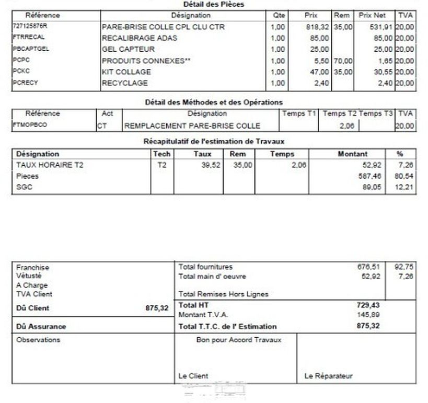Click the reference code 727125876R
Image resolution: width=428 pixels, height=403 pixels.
tap(29, 26)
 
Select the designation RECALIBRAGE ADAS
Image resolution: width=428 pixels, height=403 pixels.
tap(140, 38)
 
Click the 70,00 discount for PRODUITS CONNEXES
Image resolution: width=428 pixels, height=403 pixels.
tap(343, 61)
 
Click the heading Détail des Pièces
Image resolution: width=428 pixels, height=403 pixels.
tap(214, 4)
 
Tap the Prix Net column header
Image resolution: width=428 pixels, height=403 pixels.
tap(372, 15)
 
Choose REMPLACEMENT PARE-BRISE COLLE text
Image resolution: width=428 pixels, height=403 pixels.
tap(192, 125)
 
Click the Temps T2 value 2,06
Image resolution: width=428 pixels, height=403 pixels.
tap(346, 125)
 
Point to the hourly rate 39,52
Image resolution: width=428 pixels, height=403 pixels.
tap(203, 165)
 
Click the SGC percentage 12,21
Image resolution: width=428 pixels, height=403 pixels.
tap(405, 187)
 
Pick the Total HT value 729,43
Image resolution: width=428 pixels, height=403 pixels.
tap(368, 305)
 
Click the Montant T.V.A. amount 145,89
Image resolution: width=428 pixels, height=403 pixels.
tap(368, 315)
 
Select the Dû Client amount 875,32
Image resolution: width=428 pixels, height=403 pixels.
tap(157, 308)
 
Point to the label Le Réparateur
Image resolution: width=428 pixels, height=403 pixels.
tap(328, 376)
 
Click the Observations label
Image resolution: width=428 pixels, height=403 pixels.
tap(38, 340)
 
